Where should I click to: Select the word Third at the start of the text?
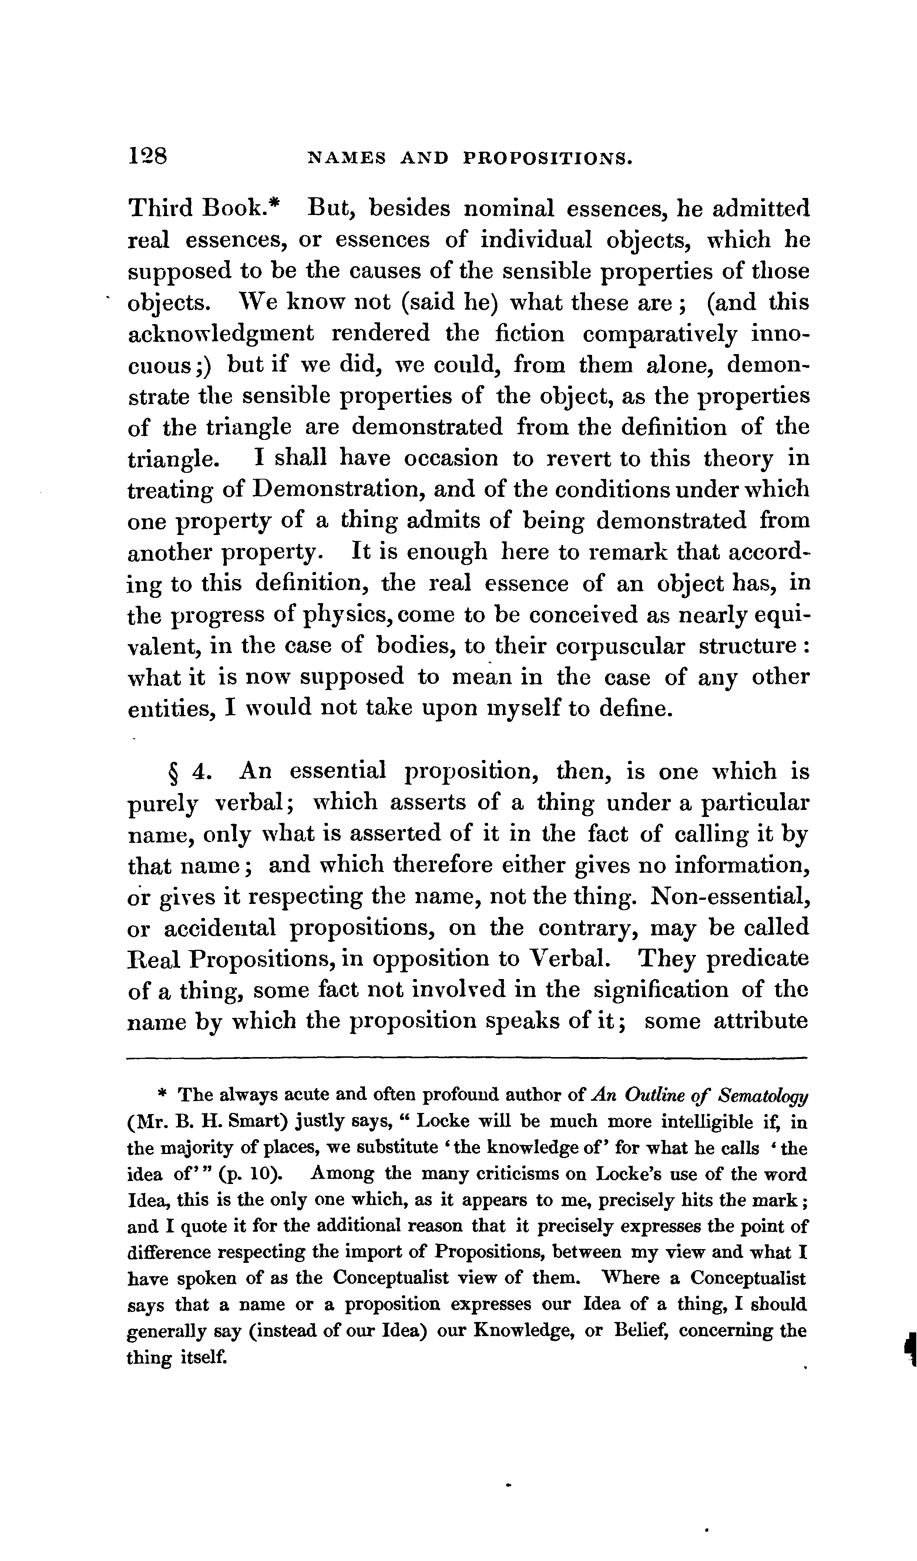159,208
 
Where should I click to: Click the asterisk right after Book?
276,204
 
